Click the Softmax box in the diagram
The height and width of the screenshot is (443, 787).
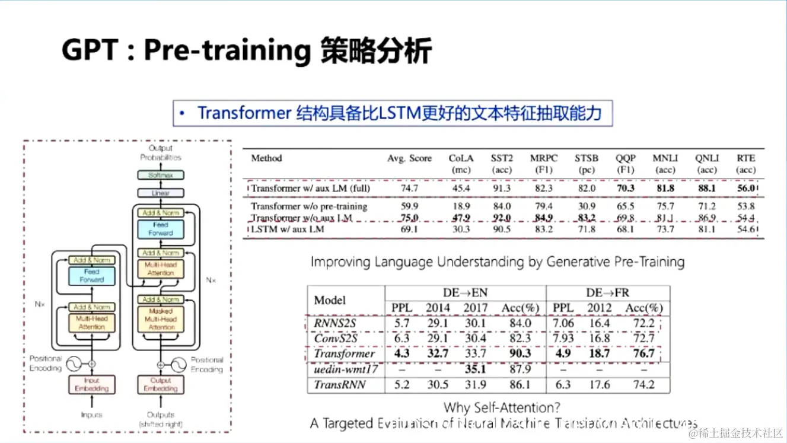click(161, 175)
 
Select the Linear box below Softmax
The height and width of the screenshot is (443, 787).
click(161, 193)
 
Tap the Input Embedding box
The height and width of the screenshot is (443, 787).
click(91, 384)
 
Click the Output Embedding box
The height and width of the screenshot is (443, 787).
click(160, 384)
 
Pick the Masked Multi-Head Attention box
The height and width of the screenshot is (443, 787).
click(161, 319)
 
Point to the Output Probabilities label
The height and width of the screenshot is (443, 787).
click(161, 152)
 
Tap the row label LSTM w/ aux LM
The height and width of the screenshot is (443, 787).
click(288, 230)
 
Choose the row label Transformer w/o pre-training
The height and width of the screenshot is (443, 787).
click(309, 206)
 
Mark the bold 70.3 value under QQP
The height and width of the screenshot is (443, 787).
click(625, 189)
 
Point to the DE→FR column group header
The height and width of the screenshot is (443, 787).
click(607, 292)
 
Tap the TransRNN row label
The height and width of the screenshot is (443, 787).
click(340, 384)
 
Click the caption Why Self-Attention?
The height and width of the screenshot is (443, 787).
click(502, 407)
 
